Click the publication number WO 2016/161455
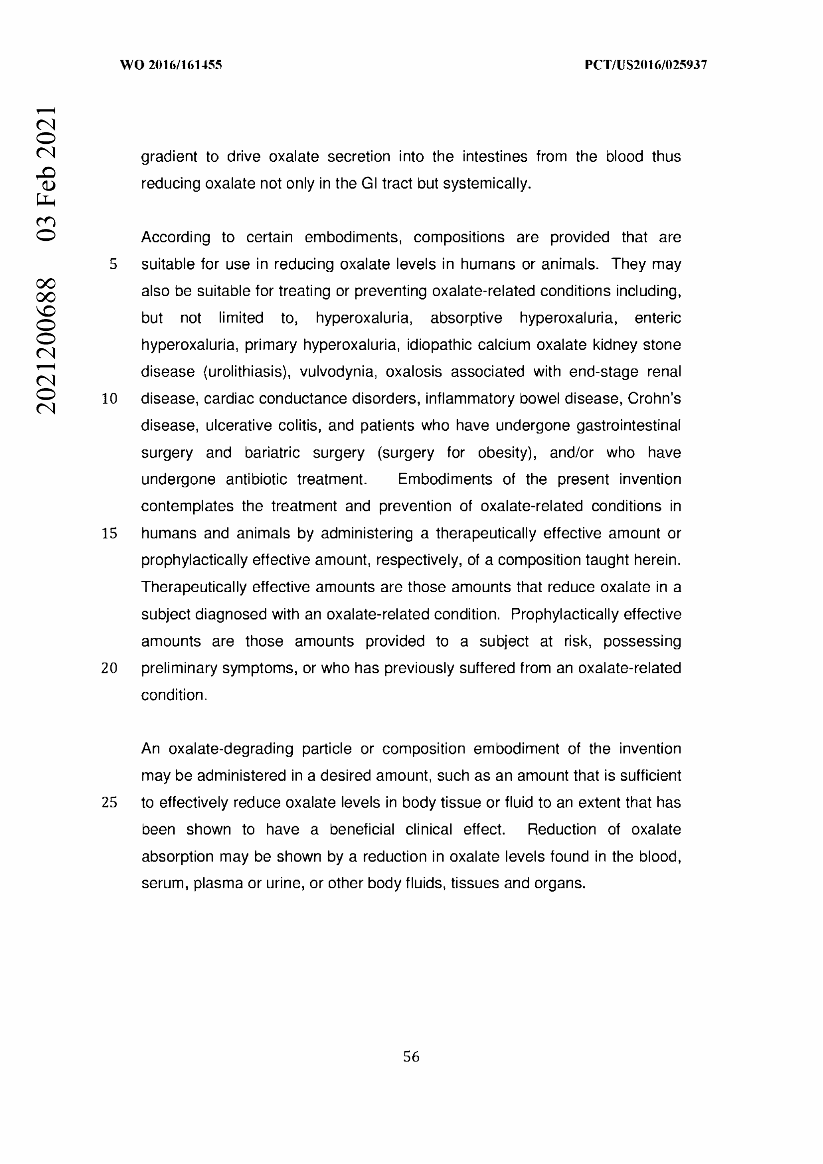click(171, 65)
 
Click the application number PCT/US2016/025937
click(646, 65)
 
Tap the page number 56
click(411, 1057)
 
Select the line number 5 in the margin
click(113, 264)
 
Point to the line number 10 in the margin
click(110, 399)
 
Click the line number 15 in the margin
click(110, 533)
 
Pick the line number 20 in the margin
click(110, 668)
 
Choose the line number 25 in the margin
click(110, 803)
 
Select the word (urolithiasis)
click(246, 372)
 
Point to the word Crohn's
click(654, 399)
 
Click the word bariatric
click(272, 453)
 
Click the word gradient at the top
click(169, 157)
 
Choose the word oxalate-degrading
click(231, 749)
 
